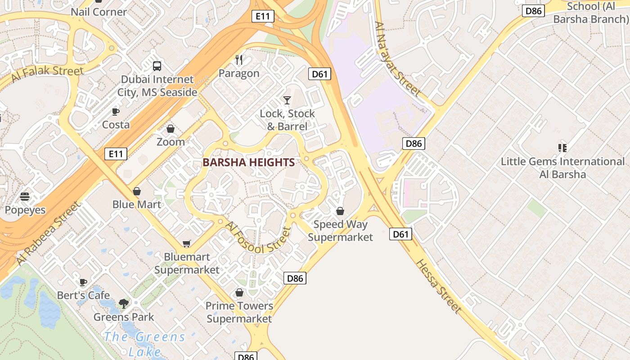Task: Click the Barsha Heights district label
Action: click(248, 162)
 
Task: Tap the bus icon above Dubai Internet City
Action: click(157, 66)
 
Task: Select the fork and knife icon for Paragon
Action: click(239, 60)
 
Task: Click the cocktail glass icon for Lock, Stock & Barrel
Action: click(287, 100)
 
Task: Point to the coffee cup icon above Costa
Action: click(116, 112)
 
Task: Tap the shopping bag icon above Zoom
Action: click(171, 129)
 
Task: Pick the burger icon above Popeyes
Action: click(25, 197)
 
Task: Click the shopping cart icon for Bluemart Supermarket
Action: click(187, 243)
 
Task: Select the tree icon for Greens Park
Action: click(124, 304)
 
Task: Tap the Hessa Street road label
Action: click(439, 287)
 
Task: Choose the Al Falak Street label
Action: click(47, 74)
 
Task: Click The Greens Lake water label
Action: click(144, 343)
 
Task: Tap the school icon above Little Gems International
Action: click(562, 148)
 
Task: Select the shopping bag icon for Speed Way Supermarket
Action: click(340, 211)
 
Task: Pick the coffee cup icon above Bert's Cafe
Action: click(83, 282)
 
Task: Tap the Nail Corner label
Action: click(99, 12)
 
